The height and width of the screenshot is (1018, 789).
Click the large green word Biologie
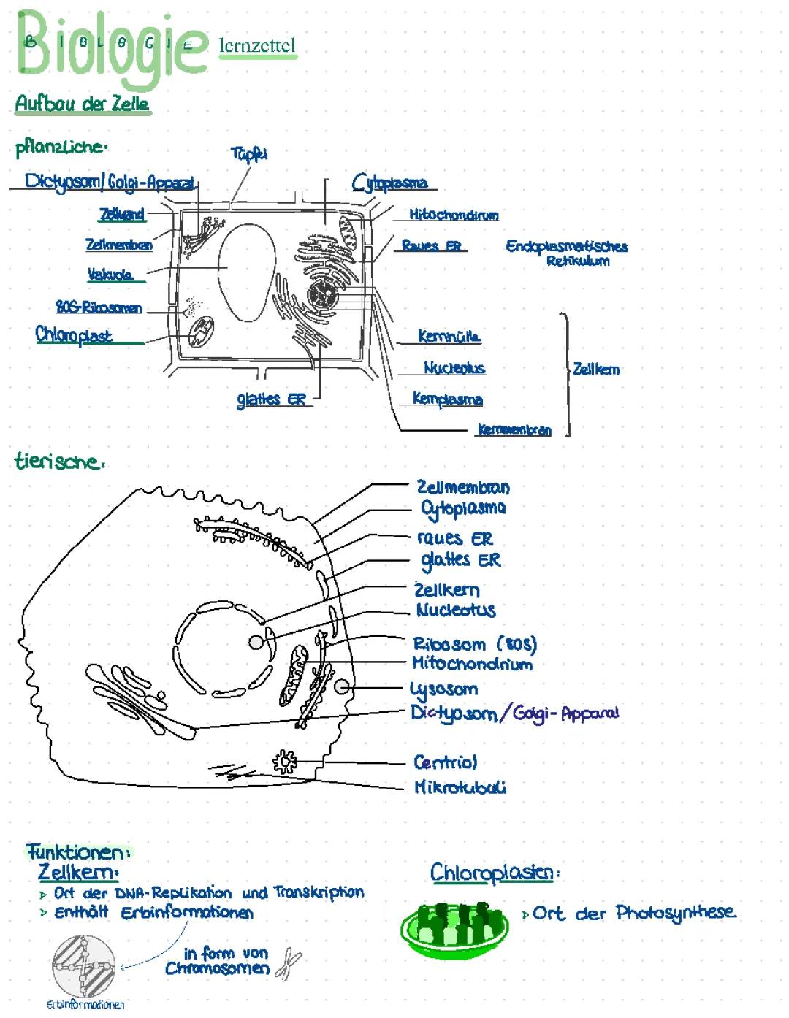tap(110, 45)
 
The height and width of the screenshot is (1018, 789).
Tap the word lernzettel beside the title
tap(257, 46)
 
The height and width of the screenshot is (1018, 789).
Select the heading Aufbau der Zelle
tap(82, 104)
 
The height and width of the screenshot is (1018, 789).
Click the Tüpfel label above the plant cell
tap(249, 153)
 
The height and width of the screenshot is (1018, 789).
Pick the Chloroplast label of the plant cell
tap(74, 335)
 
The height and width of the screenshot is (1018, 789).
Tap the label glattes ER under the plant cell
tap(271, 399)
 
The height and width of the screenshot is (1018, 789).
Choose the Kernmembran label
tap(514, 429)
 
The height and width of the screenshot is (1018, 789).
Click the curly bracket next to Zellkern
tap(565, 372)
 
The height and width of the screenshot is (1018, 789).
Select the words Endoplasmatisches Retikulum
tap(567, 253)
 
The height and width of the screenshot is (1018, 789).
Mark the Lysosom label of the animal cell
tap(444, 689)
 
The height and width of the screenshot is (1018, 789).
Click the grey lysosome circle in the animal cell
tap(342, 686)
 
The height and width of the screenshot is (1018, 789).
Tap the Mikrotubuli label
tap(460, 787)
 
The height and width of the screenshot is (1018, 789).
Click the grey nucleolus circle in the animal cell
tap(256, 642)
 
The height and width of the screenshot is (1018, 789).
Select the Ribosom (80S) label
tap(475, 644)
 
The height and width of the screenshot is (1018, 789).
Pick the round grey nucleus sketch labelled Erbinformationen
tap(84, 966)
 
